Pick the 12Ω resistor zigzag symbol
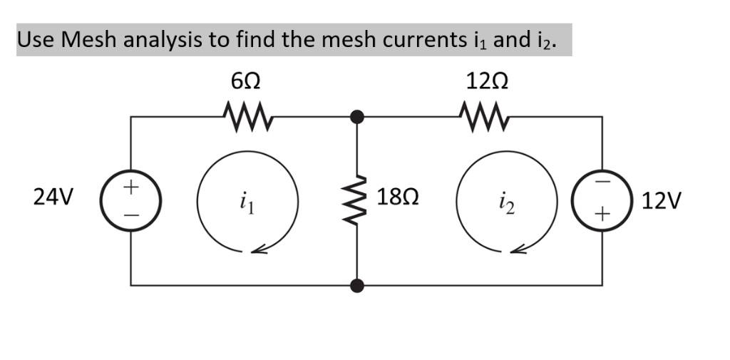point(485,113)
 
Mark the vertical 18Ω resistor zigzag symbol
point(357,200)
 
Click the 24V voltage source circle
point(130,200)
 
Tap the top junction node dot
point(357,115)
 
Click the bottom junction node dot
point(357,286)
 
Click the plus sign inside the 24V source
point(130,188)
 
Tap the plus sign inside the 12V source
point(603,213)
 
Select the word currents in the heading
point(421,39)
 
